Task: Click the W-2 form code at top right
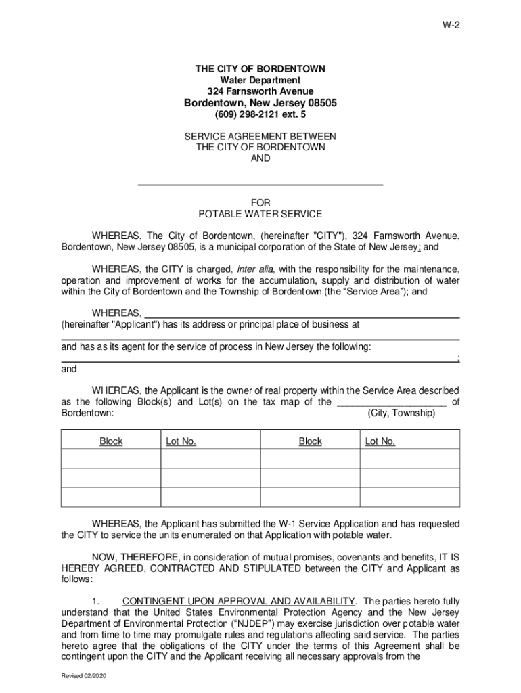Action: click(450, 26)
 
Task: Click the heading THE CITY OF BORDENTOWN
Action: click(260, 69)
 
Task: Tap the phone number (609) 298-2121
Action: click(249, 114)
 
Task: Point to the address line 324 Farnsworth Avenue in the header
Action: click(260, 91)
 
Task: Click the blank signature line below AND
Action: click(260, 184)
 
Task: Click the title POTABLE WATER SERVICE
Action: click(260, 214)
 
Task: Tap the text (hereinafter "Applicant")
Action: click(110, 324)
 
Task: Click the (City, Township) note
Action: click(401, 412)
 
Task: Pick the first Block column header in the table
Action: click(111, 441)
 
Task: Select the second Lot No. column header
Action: click(380, 441)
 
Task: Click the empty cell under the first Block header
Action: click(111, 460)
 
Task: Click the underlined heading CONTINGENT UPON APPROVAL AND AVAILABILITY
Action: click(239, 601)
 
